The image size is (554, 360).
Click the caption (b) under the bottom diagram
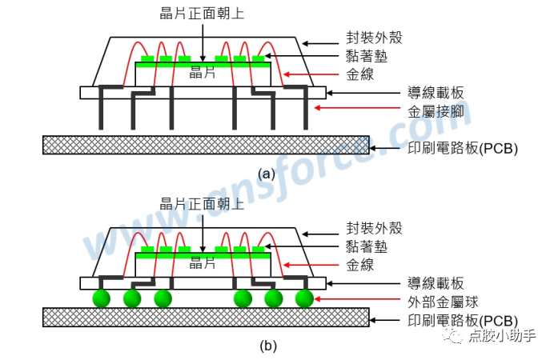[x=267, y=346]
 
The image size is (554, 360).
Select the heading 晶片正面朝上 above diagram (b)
[x=203, y=203]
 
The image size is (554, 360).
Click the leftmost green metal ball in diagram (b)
[x=101, y=298]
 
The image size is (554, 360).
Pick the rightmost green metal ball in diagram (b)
[x=303, y=298]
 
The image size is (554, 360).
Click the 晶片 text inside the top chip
[x=203, y=72]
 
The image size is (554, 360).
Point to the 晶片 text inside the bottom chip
[x=203, y=262]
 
